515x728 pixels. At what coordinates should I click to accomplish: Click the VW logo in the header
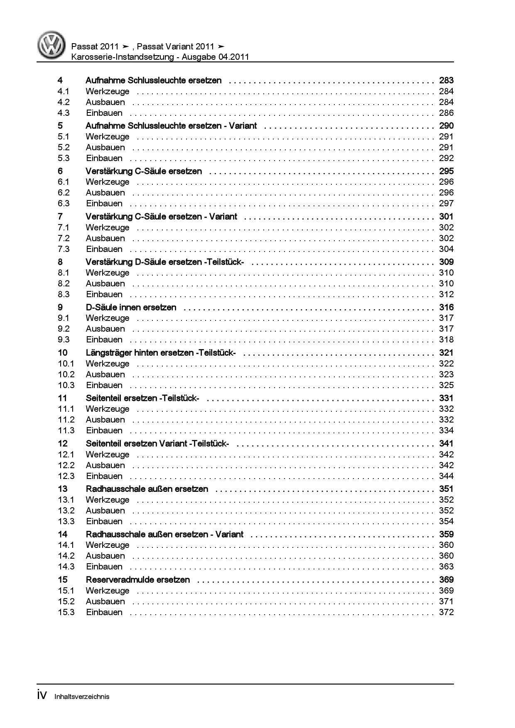[51, 45]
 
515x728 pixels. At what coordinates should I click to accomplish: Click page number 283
[446, 81]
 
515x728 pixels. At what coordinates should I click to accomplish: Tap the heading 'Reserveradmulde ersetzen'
[137, 580]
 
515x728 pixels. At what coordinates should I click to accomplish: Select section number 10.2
[66, 374]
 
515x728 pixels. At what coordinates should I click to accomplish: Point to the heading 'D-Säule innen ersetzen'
[131, 308]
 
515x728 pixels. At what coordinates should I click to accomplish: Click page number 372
[446, 612]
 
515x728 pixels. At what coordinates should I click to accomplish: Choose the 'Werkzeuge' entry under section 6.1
[108, 182]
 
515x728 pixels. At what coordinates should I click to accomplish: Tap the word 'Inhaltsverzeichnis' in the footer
[82, 696]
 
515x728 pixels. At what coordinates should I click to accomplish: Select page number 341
[446, 444]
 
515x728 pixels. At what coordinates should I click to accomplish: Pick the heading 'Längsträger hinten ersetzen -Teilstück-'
[161, 353]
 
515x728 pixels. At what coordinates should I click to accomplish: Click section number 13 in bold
[62, 489]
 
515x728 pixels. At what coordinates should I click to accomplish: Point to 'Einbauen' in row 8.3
[104, 294]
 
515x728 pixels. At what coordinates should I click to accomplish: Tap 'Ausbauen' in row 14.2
[105, 556]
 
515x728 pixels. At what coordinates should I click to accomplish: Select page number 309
[446, 262]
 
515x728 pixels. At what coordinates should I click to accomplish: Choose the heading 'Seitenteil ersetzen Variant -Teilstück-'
[157, 444]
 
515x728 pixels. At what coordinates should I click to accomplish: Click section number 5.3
[64, 158]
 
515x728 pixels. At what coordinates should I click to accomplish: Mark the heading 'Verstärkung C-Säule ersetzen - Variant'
[162, 217]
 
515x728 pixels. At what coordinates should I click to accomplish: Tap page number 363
[446, 567]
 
